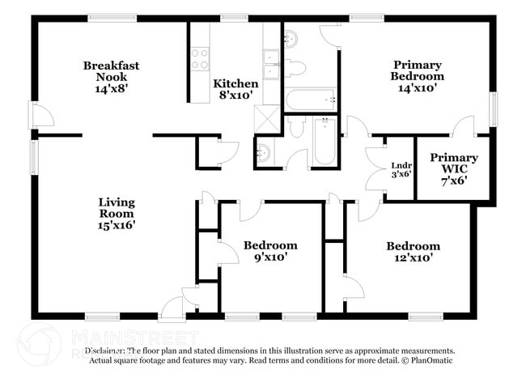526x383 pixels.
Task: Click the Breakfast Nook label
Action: click(111, 78)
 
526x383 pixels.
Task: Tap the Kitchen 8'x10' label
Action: click(235, 89)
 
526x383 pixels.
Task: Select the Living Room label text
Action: click(117, 213)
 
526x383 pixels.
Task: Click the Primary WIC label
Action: click(453, 164)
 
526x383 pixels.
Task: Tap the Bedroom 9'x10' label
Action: click(270, 251)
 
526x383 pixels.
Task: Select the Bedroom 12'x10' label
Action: click(413, 252)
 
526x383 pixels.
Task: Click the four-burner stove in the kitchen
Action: click(199, 58)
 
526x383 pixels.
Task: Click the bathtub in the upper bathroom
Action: click(312, 100)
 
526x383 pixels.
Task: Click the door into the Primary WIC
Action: click(463, 127)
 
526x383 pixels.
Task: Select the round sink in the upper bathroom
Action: click(291, 37)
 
